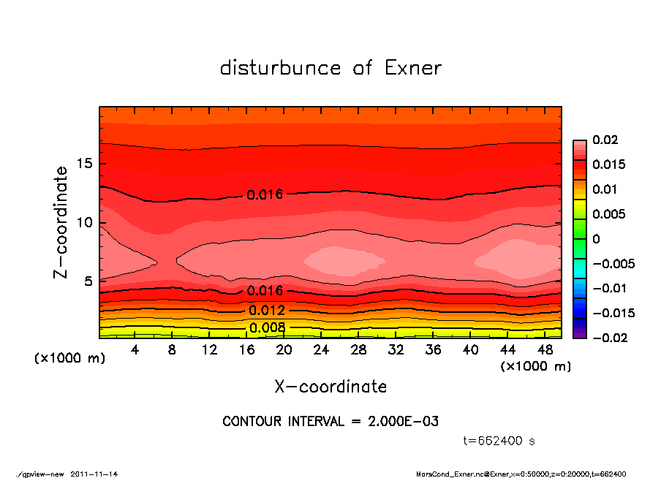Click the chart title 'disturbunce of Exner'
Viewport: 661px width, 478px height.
[x=330, y=68]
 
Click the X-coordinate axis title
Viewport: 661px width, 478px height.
[x=330, y=386]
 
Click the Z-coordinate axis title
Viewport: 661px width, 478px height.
[x=61, y=222]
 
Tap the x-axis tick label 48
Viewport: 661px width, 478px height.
[x=545, y=350]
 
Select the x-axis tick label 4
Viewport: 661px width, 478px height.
[x=135, y=350]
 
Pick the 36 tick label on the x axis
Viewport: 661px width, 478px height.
[x=434, y=350]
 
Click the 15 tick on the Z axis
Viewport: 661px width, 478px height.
[x=85, y=164]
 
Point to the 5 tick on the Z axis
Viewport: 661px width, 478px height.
[x=88, y=281]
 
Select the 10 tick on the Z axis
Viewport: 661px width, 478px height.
[x=85, y=222]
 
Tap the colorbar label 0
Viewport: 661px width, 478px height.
[x=596, y=239]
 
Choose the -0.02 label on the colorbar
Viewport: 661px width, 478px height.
[x=608, y=338]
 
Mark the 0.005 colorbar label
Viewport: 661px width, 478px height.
[x=608, y=214]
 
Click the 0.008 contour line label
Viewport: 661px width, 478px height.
[x=267, y=327]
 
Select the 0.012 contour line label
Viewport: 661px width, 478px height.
[x=267, y=310]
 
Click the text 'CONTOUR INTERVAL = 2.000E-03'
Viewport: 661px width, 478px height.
[x=330, y=421]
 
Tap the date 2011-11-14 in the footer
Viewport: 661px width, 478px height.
[x=94, y=474]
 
